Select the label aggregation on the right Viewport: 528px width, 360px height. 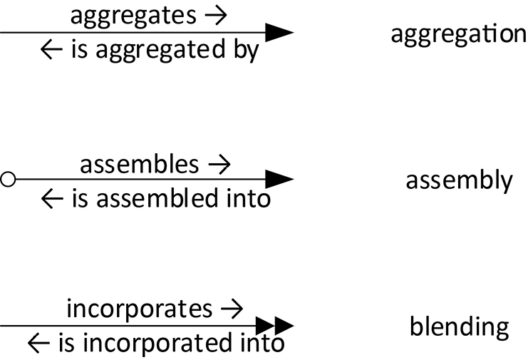[x=458, y=34]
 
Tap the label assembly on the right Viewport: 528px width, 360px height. [x=458, y=180]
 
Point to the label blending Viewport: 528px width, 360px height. [x=459, y=327]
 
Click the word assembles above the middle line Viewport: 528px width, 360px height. [x=139, y=164]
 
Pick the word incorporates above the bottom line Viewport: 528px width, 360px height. [x=139, y=309]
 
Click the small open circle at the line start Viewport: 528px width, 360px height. [x=8, y=180]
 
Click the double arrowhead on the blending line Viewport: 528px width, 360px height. [x=279, y=326]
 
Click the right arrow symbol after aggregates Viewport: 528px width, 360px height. [x=212, y=16]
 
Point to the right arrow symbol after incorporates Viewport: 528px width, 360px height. [x=232, y=310]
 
